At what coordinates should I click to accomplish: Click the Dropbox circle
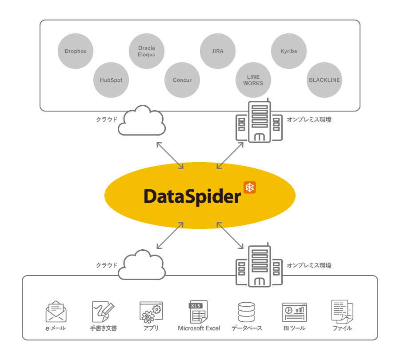click(76, 51)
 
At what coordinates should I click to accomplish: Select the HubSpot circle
click(111, 80)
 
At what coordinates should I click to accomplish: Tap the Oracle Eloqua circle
click(147, 51)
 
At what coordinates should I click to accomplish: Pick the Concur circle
click(182, 80)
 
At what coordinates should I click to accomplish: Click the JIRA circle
click(218, 51)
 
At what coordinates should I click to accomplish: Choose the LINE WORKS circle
click(253, 80)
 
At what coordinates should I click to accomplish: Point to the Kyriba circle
click(289, 51)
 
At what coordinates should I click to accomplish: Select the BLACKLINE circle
click(324, 80)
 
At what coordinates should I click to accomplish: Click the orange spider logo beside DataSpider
click(250, 188)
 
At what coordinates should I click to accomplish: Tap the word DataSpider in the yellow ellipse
click(192, 196)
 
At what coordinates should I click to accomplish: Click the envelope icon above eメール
click(56, 312)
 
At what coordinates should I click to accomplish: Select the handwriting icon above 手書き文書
click(103, 312)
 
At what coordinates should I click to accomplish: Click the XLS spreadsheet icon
click(199, 312)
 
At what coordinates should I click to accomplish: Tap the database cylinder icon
click(247, 312)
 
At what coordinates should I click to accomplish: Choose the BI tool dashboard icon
click(294, 312)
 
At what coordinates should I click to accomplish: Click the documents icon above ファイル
click(342, 311)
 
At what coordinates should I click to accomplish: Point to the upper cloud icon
click(142, 121)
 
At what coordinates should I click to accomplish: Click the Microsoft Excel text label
click(199, 328)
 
